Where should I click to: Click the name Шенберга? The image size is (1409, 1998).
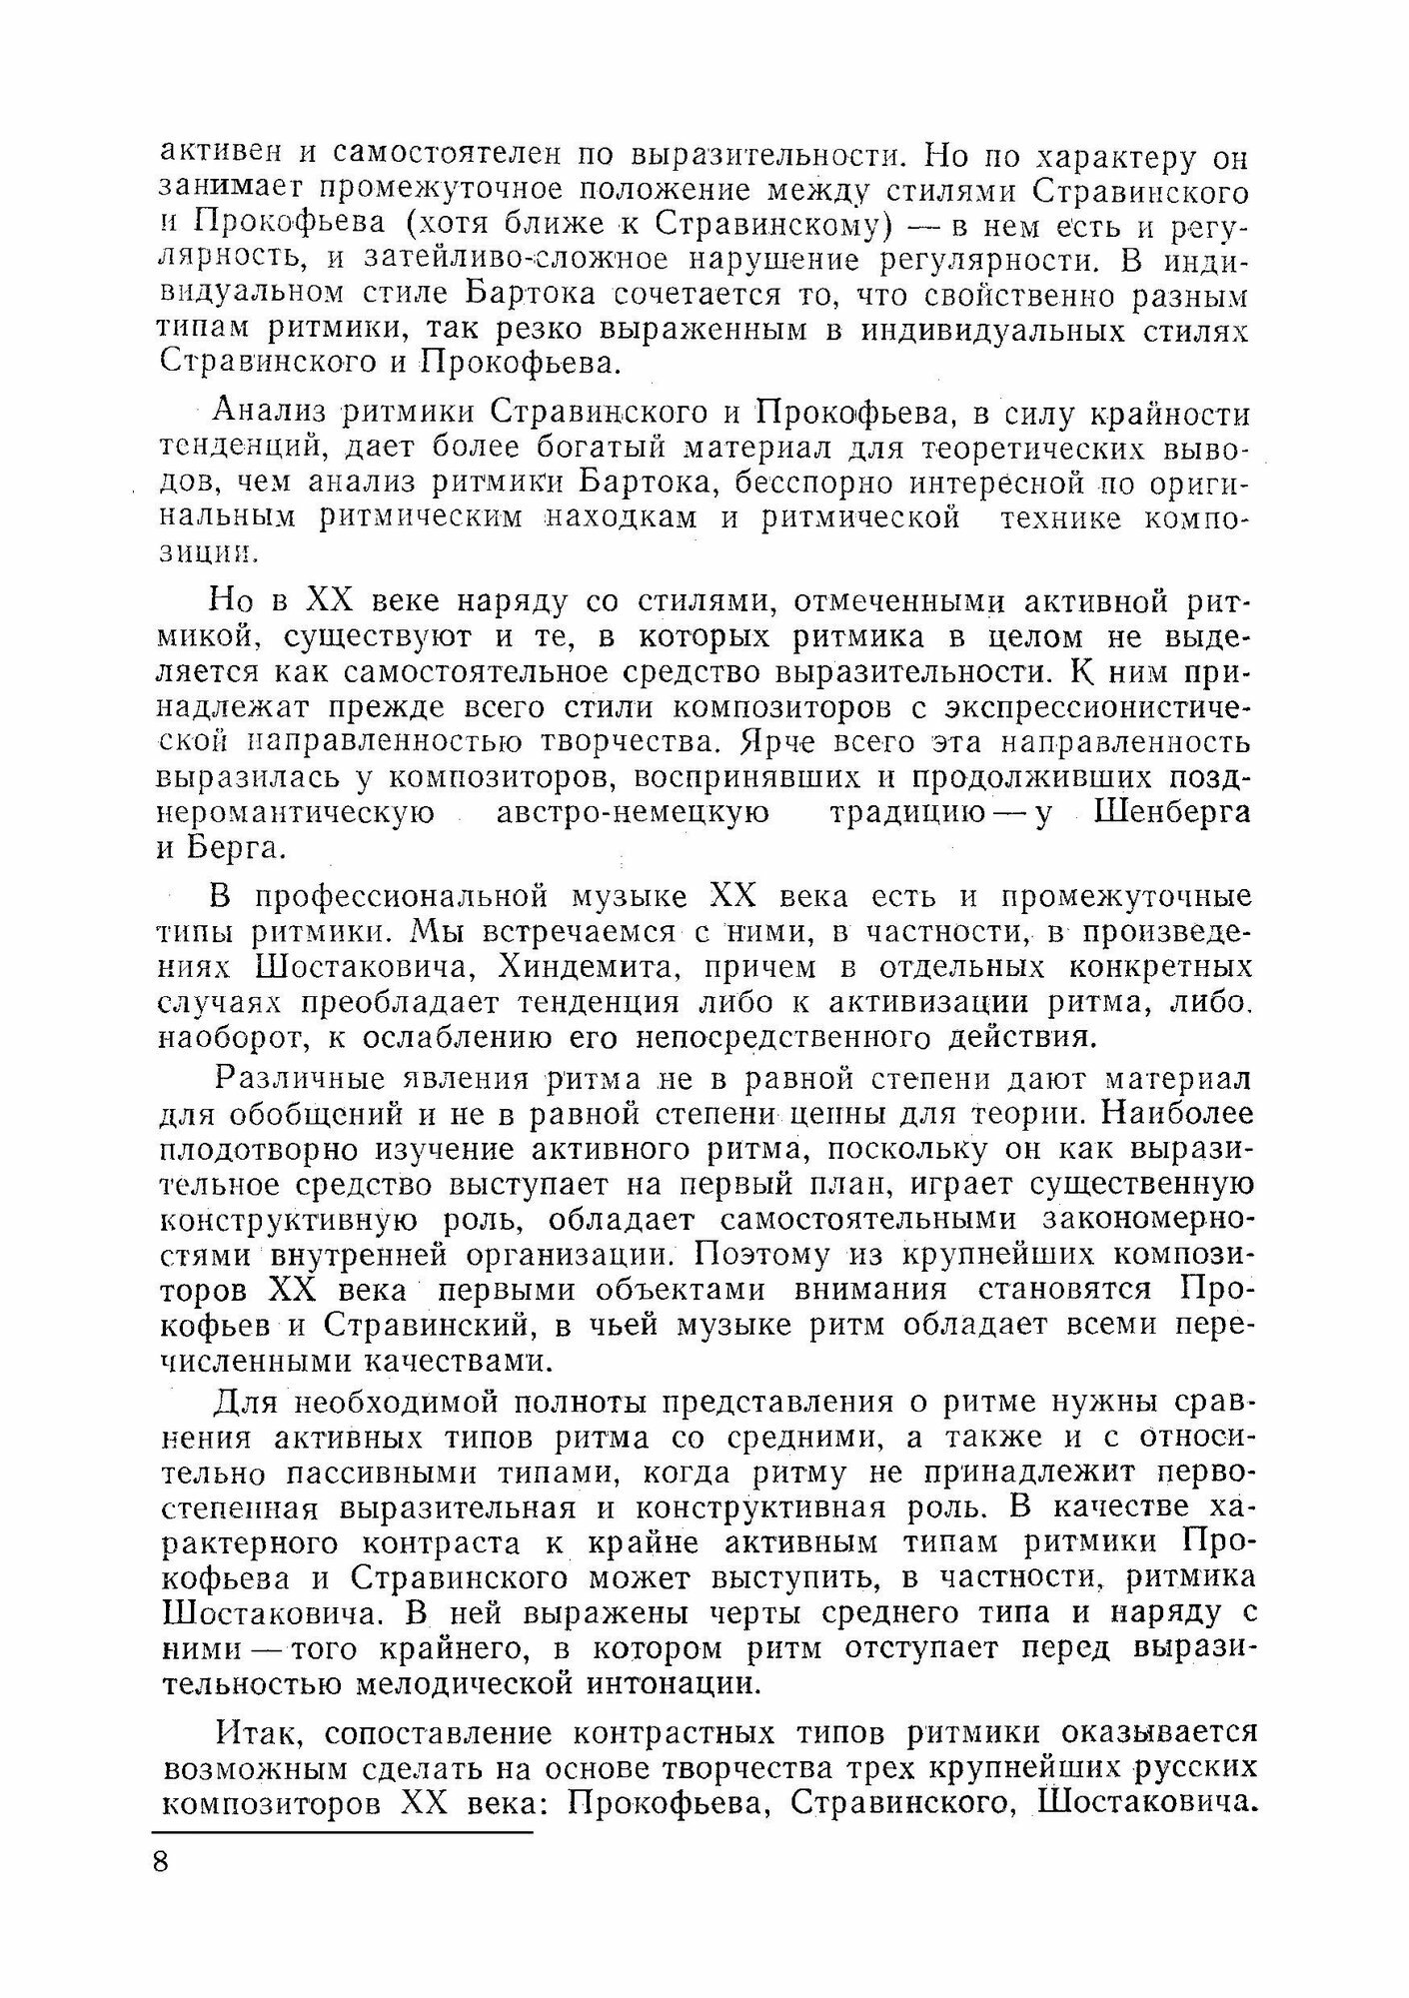tap(1172, 812)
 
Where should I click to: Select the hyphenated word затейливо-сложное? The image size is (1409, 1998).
tap(512, 259)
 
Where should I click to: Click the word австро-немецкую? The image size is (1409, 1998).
tap(634, 812)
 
